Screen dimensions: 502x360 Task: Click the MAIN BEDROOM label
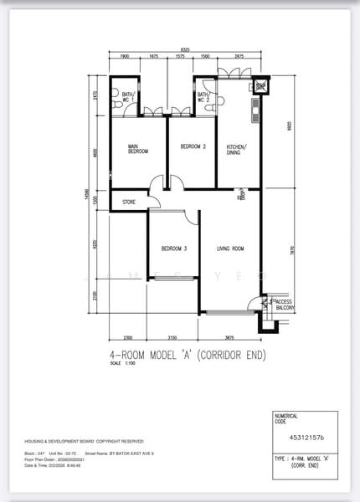pyautogui.click(x=137, y=149)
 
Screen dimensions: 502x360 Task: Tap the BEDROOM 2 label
pyautogui.click(x=193, y=147)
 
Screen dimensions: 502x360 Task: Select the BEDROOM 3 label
pyautogui.click(x=173, y=248)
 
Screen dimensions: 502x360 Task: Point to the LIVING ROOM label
pyautogui.click(x=230, y=248)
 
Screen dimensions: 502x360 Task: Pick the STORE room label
pyautogui.click(x=129, y=202)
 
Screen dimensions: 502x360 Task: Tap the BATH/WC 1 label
pyautogui.click(x=127, y=97)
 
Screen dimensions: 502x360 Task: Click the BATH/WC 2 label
pyautogui.click(x=203, y=97)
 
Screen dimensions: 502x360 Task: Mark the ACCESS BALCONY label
pyautogui.click(x=280, y=305)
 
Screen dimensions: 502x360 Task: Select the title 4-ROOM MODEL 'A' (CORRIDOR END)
pyautogui.click(x=188, y=354)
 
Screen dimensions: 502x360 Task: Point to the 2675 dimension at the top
pyautogui.click(x=239, y=56)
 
